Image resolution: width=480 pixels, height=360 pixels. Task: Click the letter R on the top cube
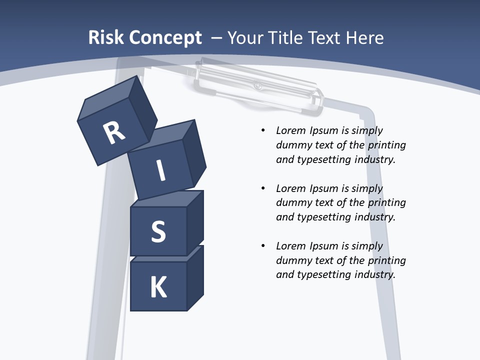[x=114, y=133]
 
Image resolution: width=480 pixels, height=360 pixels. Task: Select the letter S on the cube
[x=158, y=231]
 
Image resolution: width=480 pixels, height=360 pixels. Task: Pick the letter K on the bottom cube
[x=158, y=287]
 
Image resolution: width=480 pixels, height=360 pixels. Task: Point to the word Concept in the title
[x=166, y=37]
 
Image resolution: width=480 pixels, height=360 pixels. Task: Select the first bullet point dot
[x=263, y=130]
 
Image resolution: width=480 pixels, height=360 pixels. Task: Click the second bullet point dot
[x=263, y=188]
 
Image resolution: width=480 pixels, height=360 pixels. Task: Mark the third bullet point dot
[x=263, y=246]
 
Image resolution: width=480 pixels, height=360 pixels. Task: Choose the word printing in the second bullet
[x=386, y=202]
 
